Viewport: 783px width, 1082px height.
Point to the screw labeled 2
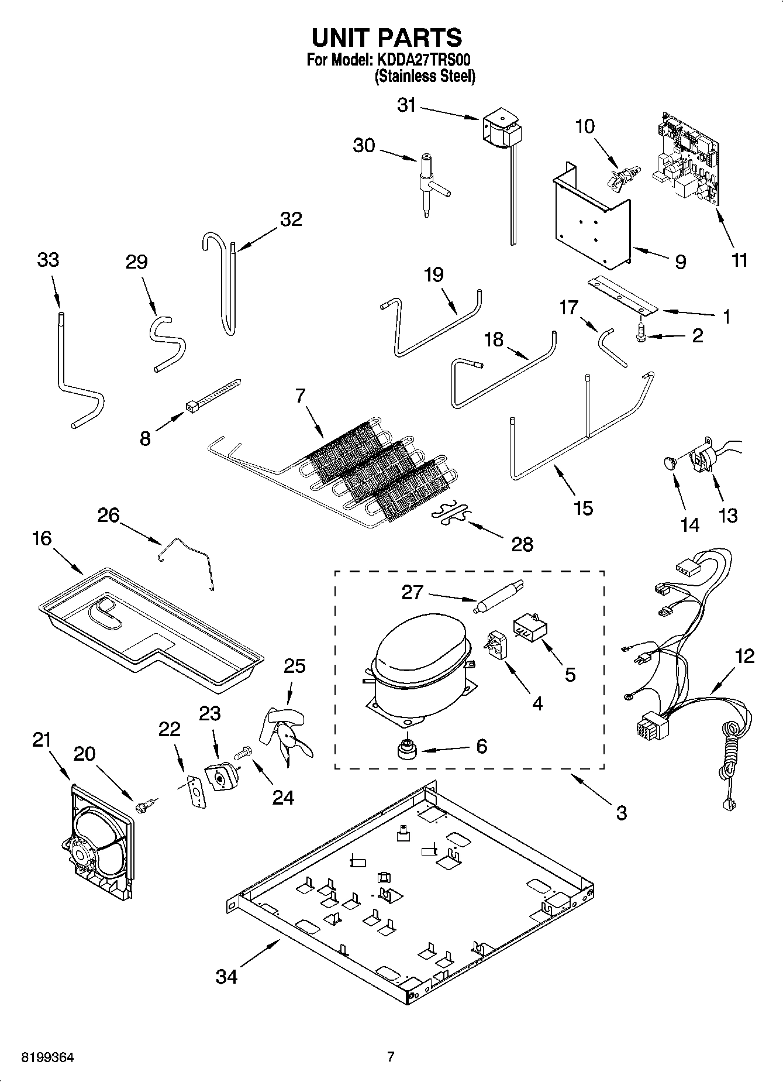pos(640,338)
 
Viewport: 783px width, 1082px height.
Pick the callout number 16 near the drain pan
pos(43,538)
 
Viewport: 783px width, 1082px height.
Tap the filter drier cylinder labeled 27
pos(498,596)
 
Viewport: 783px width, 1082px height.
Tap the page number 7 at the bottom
pos(391,1057)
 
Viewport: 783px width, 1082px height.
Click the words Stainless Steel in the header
pos(425,76)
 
